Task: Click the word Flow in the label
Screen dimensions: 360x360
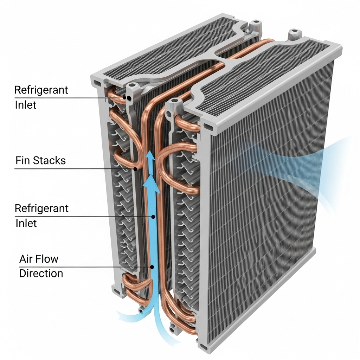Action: point(49,259)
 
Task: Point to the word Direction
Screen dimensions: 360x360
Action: point(41,274)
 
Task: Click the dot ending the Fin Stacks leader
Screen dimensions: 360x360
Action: point(135,169)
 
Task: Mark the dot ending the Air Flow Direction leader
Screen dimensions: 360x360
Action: point(152,267)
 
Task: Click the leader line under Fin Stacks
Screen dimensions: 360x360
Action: point(70,169)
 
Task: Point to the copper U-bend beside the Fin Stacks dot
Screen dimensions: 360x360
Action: point(123,160)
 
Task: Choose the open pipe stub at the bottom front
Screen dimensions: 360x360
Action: point(173,329)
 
